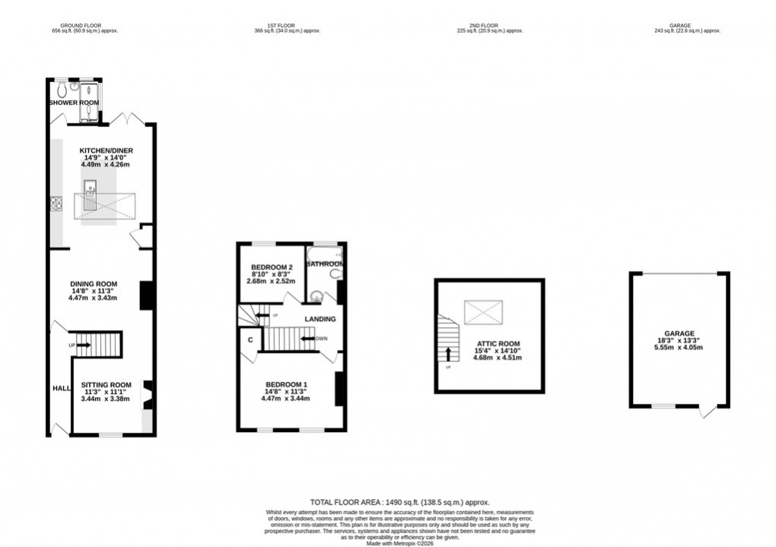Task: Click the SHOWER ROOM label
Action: [x=74, y=102]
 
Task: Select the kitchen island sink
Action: [x=91, y=187]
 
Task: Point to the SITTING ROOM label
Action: [x=107, y=385]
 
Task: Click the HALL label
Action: [x=61, y=388]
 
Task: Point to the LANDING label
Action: [x=320, y=319]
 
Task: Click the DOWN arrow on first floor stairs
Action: [x=309, y=339]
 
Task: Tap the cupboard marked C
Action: [x=250, y=340]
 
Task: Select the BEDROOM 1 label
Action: [x=286, y=384]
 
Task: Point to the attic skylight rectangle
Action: [x=483, y=312]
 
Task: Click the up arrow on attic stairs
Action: [x=448, y=353]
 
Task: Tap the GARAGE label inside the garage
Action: [x=679, y=333]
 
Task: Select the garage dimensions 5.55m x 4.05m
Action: [x=679, y=347]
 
